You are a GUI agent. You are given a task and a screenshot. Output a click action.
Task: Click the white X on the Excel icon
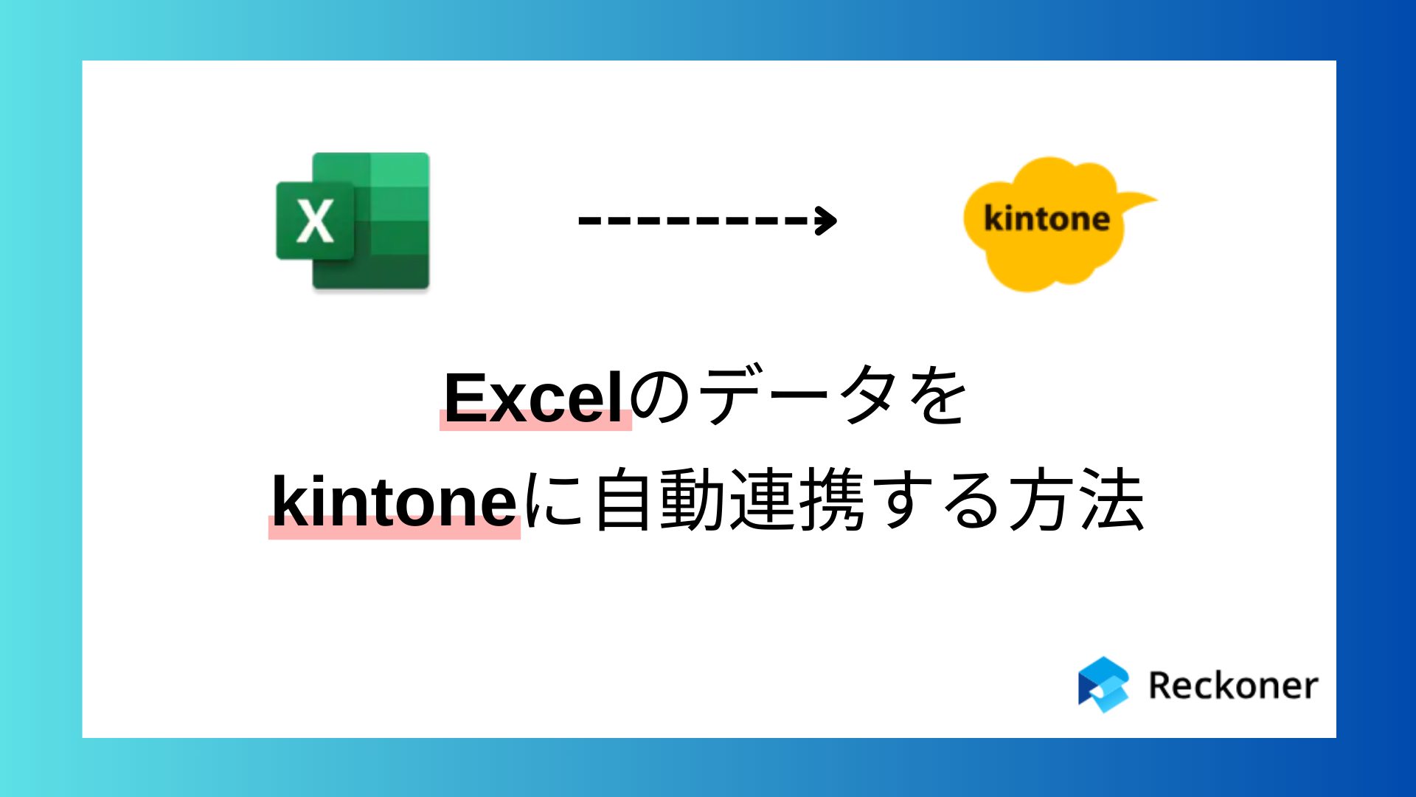point(315,221)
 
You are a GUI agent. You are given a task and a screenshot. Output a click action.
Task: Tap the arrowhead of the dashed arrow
point(826,220)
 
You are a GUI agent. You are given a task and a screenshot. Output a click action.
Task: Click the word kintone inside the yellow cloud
point(1047,218)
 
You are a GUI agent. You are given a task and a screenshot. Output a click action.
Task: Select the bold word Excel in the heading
point(535,398)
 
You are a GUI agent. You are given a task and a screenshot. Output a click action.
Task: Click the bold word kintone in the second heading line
point(395,502)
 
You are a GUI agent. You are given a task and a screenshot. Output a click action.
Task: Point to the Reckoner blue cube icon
point(1103,685)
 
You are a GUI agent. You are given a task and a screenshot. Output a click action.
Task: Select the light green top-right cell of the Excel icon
point(399,170)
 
